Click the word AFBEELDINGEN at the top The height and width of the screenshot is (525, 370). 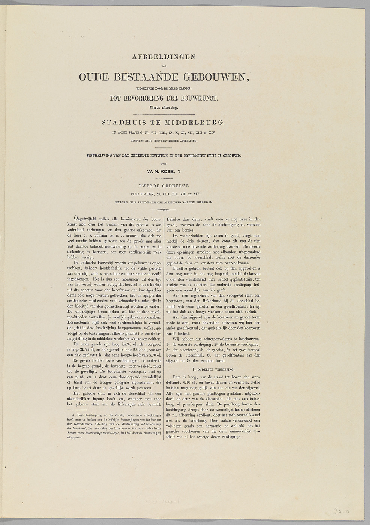click(x=164, y=57)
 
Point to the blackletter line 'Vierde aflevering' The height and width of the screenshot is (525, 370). click(x=164, y=107)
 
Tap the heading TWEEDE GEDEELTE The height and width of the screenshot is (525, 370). click(x=164, y=186)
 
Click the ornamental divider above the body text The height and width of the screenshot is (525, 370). click(x=164, y=210)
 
